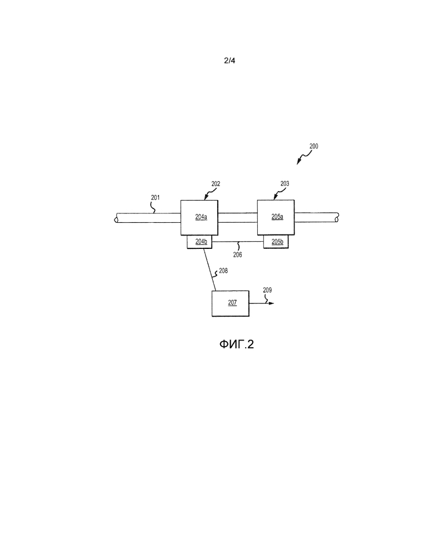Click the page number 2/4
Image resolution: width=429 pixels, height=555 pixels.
230,61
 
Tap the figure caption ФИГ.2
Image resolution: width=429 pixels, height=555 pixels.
236,344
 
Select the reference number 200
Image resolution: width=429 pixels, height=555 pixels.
313,146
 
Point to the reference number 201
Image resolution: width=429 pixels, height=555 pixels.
156,198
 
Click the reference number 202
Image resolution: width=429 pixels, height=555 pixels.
216,184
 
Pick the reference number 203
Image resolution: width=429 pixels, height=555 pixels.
285,183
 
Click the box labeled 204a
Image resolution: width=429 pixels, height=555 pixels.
199,217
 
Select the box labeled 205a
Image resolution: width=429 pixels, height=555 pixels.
276,217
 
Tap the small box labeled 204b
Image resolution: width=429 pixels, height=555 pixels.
199,242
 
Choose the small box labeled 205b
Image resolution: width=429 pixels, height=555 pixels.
276,242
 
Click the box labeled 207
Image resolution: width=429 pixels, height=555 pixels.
231,303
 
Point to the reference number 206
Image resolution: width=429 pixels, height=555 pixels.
237,254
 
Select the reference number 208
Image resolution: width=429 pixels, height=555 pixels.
223,271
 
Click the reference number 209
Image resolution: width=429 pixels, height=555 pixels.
267,290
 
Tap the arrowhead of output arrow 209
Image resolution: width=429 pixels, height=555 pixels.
272,303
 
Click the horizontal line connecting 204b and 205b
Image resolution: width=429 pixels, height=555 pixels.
237,242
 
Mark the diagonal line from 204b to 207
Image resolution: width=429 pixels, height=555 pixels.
209,269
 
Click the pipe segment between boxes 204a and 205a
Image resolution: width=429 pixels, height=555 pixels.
237,218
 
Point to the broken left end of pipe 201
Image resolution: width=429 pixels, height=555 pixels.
116,218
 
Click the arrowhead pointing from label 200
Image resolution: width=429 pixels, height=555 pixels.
298,162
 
